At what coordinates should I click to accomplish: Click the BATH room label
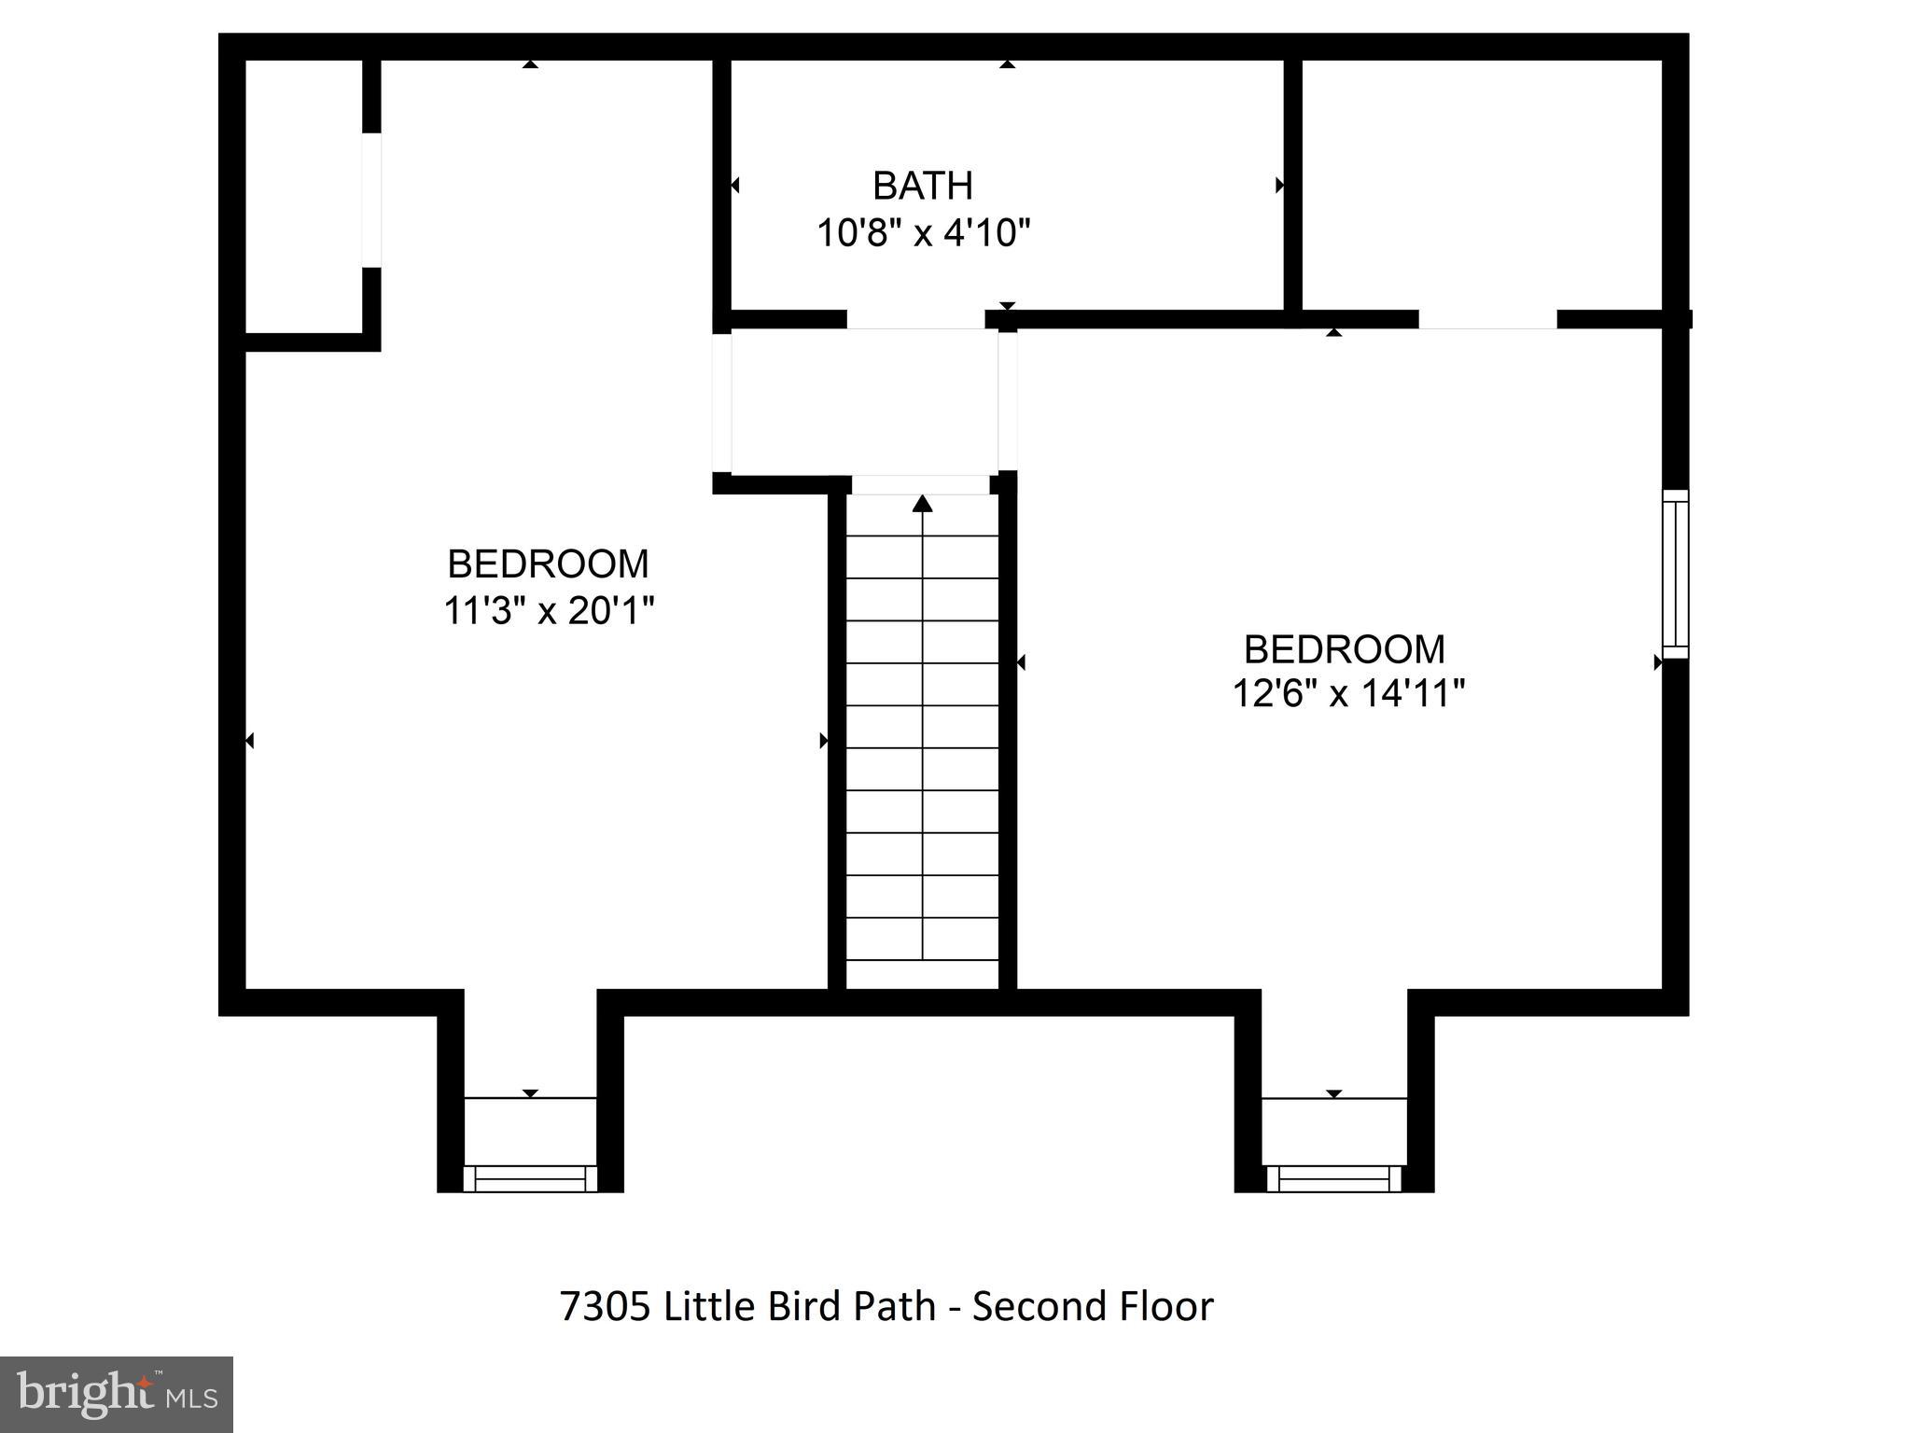[x=922, y=186]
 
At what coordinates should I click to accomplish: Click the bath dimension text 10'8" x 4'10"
[x=923, y=232]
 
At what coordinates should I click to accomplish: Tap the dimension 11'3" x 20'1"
[x=548, y=611]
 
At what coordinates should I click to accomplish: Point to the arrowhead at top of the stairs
[x=922, y=504]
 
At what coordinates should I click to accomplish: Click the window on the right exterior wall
[x=1675, y=574]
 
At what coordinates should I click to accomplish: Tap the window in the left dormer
[x=530, y=1178]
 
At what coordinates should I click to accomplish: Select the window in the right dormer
[x=1333, y=1178]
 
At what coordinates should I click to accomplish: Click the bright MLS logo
[x=116, y=1394]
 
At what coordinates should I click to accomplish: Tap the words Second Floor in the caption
[x=1092, y=1306]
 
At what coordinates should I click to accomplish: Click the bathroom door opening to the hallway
[x=915, y=319]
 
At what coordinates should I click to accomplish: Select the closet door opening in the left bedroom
[x=371, y=200]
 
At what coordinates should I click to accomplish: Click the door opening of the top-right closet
[x=1487, y=319]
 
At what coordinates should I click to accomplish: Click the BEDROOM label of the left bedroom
[x=548, y=564]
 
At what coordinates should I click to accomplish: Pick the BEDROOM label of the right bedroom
[x=1344, y=649]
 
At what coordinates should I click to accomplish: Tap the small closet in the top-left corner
[x=302, y=196]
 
